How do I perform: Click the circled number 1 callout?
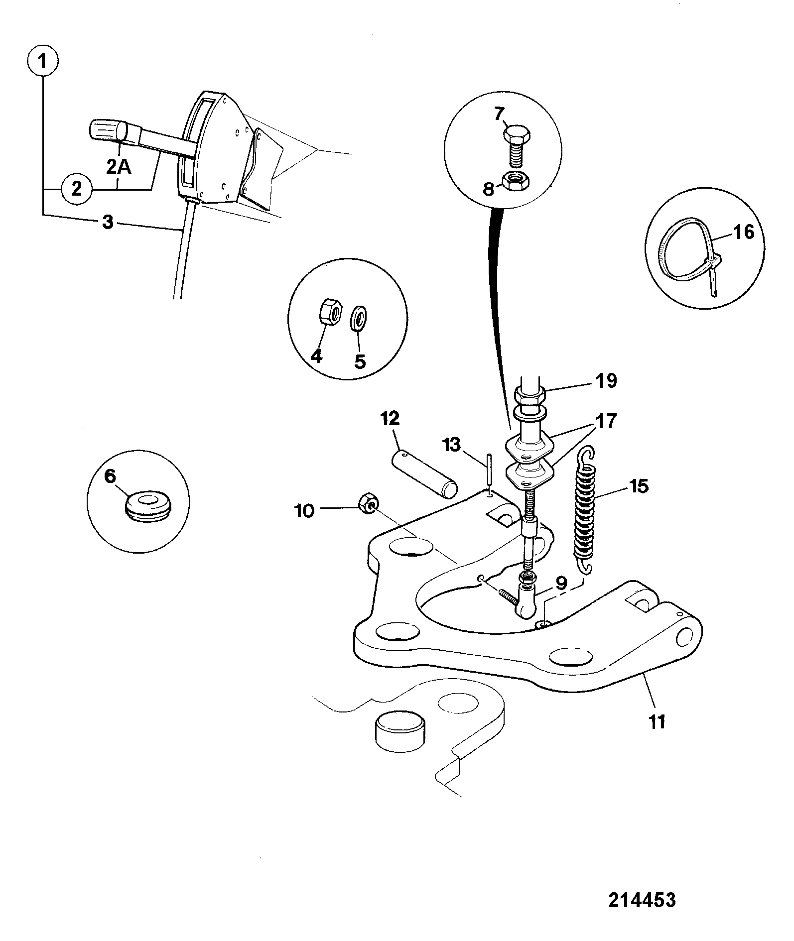pyautogui.click(x=42, y=62)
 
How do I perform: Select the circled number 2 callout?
pyautogui.click(x=77, y=189)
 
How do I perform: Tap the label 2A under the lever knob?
pyautogui.click(x=119, y=167)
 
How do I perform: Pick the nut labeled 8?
pyautogui.click(x=518, y=183)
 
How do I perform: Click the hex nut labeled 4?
pyautogui.click(x=329, y=313)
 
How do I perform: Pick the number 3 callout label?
pyautogui.click(x=108, y=222)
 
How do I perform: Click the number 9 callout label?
pyautogui.click(x=561, y=583)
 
